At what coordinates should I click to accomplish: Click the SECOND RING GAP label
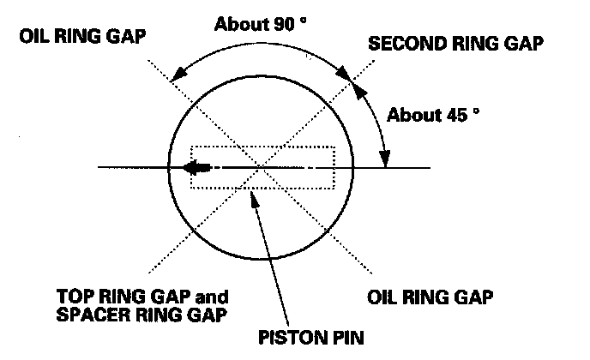pyautogui.click(x=456, y=44)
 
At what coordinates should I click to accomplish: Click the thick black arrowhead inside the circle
pyautogui.click(x=194, y=167)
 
